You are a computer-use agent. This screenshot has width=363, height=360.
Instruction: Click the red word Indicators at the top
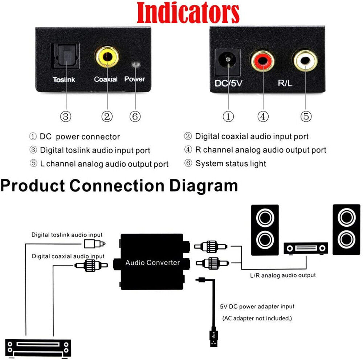188,13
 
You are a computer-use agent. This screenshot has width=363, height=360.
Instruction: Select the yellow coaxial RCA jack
107,57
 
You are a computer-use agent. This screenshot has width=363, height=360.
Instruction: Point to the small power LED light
135,65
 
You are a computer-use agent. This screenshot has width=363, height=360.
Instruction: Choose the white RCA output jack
304,60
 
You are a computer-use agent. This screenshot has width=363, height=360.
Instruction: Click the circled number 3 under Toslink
66,117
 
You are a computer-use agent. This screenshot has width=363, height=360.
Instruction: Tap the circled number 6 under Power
135,117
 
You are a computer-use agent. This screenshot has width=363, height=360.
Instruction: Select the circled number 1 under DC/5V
228,117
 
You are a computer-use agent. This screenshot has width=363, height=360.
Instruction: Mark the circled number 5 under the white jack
306,117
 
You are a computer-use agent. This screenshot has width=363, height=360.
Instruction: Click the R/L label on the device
285,83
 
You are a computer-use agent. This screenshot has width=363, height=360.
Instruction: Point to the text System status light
231,163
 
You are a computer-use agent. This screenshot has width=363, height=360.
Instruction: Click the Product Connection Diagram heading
119,185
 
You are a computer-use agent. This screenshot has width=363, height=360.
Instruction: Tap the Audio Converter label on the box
152,262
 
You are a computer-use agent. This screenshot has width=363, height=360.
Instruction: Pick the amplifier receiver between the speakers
306,248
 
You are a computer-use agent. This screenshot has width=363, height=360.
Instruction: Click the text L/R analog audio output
283,275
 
